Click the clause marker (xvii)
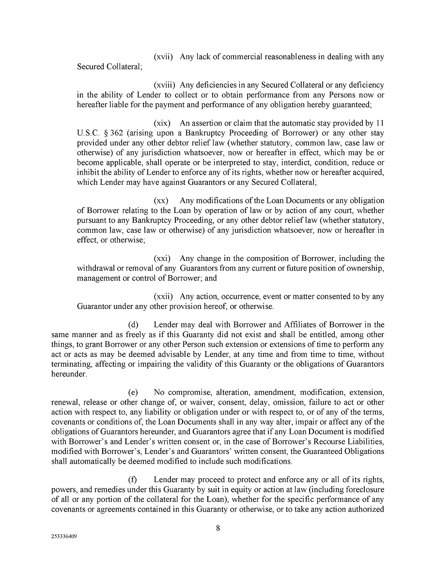[x=163, y=57]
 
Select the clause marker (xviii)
[x=165, y=85]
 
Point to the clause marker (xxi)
[x=161, y=258]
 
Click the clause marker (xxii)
[x=163, y=296]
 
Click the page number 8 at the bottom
[x=218, y=529]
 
